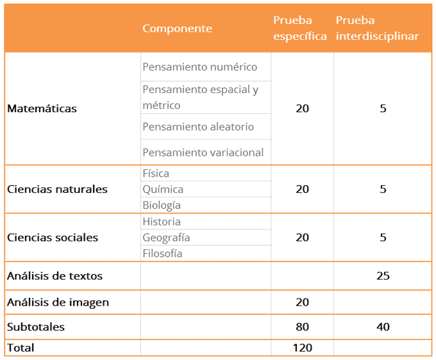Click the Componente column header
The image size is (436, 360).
(x=177, y=29)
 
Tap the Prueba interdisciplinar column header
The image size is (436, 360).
(x=377, y=29)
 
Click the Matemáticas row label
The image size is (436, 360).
(x=42, y=109)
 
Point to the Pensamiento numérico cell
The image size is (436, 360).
(x=199, y=67)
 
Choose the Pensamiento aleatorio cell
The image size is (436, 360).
(x=198, y=127)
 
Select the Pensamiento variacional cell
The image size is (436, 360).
(x=203, y=152)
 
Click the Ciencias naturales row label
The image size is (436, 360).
(x=57, y=190)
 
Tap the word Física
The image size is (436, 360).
(x=156, y=174)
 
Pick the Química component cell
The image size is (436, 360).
(x=163, y=190)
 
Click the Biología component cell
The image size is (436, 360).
(x=162, y=206)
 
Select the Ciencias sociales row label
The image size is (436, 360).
(x=53, y=238)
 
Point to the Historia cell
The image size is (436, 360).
(x=162, y=222)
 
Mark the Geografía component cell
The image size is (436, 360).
(x=166, y=238)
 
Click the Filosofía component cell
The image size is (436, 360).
(x=162, y=254)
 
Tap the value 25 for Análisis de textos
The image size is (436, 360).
(x=383, y=276)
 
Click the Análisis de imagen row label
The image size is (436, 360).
(x=58, y=302)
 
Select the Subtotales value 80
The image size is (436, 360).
(x=302, y=327)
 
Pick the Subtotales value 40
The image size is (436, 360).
(x=383, y=327)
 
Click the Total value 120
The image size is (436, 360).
(x=302, y=348)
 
